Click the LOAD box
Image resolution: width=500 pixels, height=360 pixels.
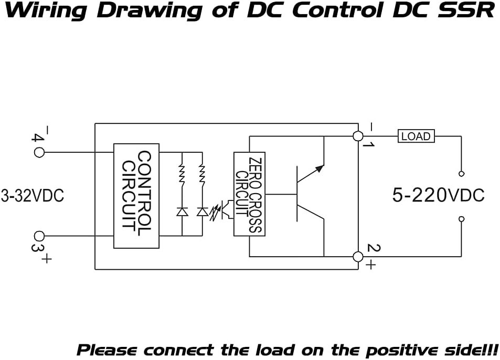pyautogui.click(x=416, y=136)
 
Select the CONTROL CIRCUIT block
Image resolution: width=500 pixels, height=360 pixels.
pyautogui.click(x=136, y=196)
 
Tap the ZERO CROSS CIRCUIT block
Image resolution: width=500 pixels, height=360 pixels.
pyautogui.click(x=249, y=194)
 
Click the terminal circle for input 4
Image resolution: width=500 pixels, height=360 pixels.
pyautogui.click(x=39, y=152)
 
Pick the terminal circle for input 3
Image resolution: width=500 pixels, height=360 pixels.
pyautogui.click(x=39, y=236)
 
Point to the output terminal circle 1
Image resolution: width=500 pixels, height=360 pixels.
pyautogui.click(x=358, y=136)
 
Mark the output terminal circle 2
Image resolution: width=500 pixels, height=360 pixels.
pyautogui.click(x=358, y=257)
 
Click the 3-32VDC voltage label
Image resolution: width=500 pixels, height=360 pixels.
pyautogui.click(x=33, y=195)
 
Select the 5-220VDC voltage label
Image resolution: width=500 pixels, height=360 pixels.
pyautogui.click(x=438, y=195)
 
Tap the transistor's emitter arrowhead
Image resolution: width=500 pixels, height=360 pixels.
pyautogui.click(x=320, y=168)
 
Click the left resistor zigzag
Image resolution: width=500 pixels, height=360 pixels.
pyautogui.click(x=182, y=174)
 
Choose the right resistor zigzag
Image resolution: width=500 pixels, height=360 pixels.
pyautogui.click(x=202, y=174)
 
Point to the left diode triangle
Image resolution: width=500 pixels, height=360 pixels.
pyautogui.click(x=182, y=211)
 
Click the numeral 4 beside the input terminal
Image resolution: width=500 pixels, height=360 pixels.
pyautogui.click(x=37, y=137)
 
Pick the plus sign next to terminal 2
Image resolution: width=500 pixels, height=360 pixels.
pyautogui.click(x=370, y=264)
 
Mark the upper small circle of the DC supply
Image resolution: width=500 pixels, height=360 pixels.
pyautogui.click(x=461, y=174)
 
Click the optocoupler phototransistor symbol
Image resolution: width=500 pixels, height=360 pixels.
pyautogui.click(x=229, y=209)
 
